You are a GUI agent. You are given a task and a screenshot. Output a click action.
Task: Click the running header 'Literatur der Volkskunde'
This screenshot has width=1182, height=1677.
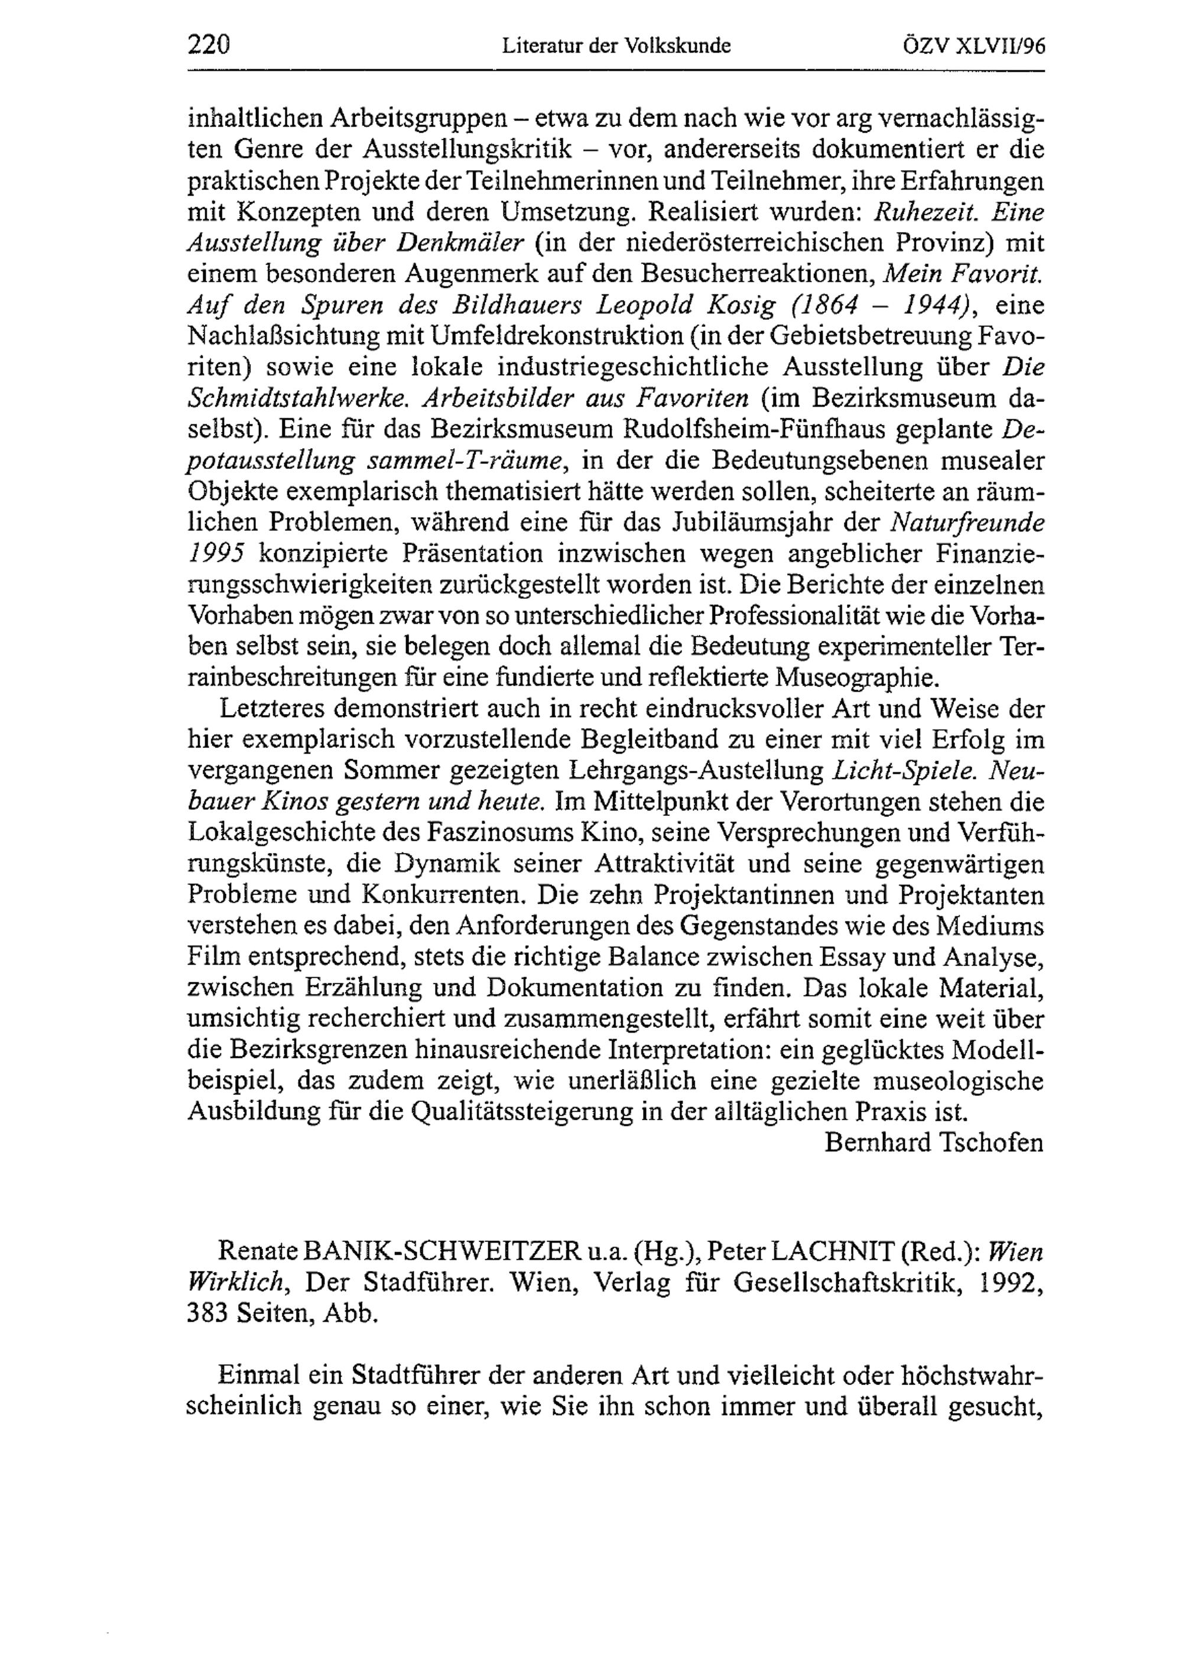point(616,47)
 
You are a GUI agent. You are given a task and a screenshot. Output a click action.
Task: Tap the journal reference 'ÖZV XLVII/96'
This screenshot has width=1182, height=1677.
point(974,47)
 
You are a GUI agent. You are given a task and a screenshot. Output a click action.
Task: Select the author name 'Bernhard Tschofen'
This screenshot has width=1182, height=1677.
point(934,1143)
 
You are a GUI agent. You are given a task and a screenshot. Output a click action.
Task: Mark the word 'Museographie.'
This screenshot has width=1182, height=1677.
point(856,679)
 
